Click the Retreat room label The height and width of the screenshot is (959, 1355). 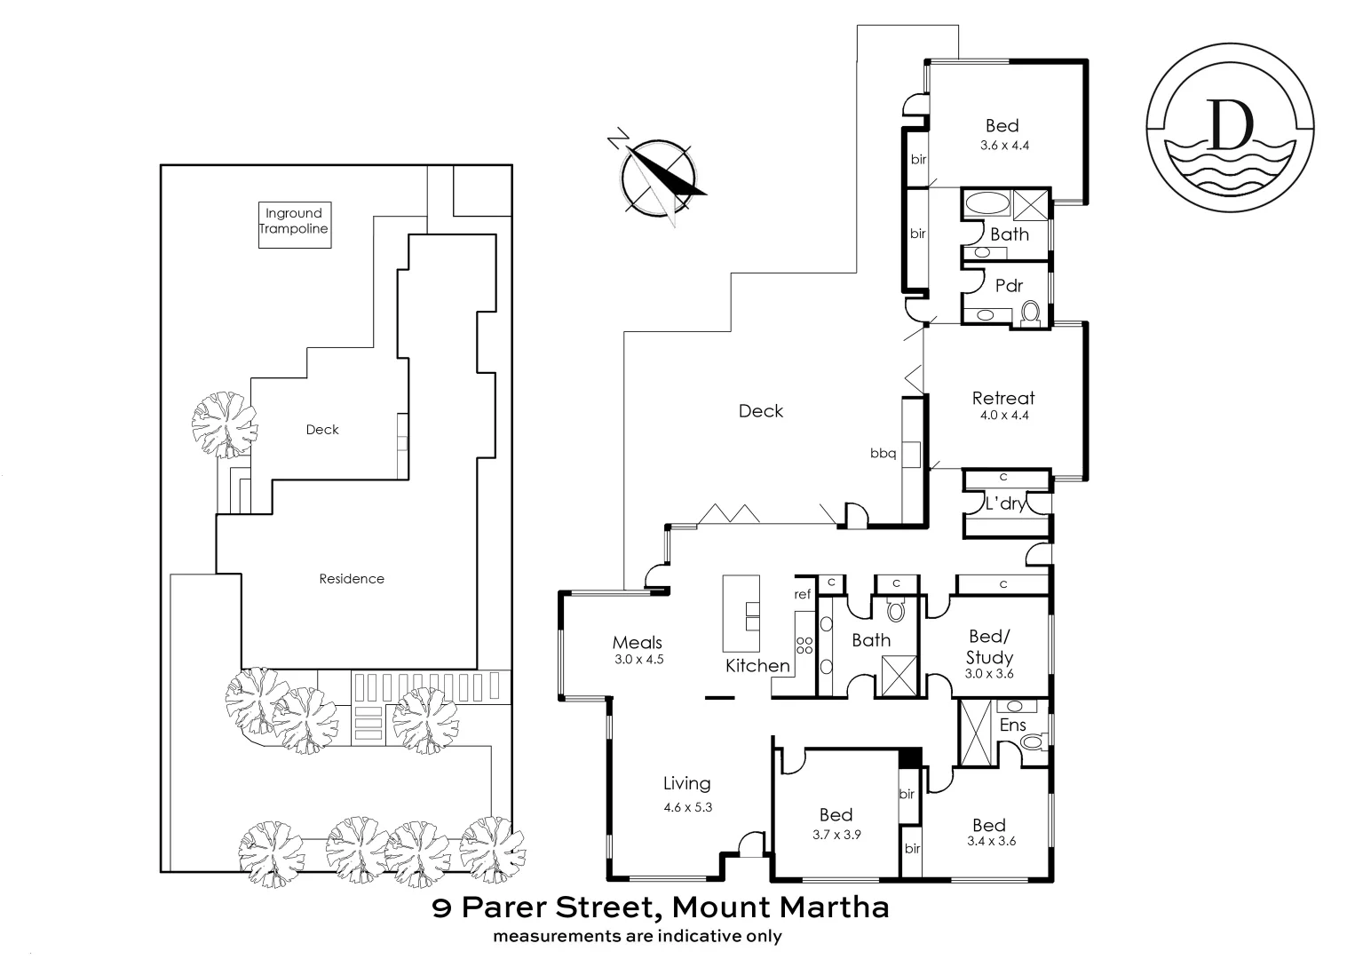tap(1002, 398)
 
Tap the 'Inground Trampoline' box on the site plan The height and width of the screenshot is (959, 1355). tap(294, 221)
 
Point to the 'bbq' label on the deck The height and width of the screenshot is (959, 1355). tap(883, 454)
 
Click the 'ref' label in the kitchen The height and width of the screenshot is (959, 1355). tap(803, 594)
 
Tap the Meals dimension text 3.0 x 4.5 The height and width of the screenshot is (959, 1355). tap(638, 660)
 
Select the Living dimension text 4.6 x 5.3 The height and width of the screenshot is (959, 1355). tap(687, 807)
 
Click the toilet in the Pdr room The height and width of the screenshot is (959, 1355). tap(1030, 312)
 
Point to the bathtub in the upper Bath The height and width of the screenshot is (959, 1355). tap(987, 202)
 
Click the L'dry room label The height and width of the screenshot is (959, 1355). tap(1005, 503)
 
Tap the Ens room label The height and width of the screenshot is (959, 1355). tap(1013, 725)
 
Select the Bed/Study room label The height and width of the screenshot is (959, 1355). tap(989, 646)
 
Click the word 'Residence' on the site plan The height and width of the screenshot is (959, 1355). tap(352, 579)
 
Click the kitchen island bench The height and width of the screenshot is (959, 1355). tap(741, 614)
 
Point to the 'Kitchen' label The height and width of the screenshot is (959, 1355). tap(757, 665)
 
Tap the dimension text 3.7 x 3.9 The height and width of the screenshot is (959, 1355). tap(836, 835)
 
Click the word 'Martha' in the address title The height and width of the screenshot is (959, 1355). tap(835, 907)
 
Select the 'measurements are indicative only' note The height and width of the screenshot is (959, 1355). tap(638, 936)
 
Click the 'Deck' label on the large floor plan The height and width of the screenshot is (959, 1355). tap(761, 411)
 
